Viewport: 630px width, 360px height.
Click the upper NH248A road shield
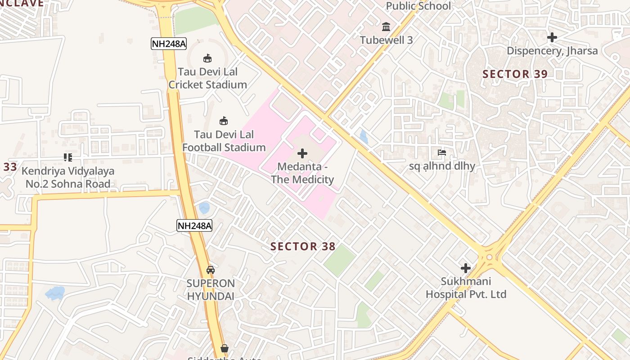168,44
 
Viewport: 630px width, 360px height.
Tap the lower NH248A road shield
194,225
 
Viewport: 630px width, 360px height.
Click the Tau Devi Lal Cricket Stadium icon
207,58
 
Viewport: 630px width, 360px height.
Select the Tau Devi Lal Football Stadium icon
224,121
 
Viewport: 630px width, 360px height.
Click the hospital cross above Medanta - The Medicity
302,153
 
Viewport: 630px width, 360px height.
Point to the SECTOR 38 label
303,246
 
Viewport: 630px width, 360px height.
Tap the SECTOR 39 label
515,74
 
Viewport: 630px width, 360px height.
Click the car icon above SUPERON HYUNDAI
210,270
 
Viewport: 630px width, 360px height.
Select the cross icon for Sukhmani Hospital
466,268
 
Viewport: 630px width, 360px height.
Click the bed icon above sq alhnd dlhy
442,153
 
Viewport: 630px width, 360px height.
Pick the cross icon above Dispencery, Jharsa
552,37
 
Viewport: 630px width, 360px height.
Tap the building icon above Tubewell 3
386,27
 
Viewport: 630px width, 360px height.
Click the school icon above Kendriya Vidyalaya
68,157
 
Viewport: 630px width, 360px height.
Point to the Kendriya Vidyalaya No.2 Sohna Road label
68,177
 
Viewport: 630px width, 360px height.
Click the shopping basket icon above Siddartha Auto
225,348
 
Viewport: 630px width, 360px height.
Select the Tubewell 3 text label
386,40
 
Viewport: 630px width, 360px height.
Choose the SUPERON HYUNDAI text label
211,290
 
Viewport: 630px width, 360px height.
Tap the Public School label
418,6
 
